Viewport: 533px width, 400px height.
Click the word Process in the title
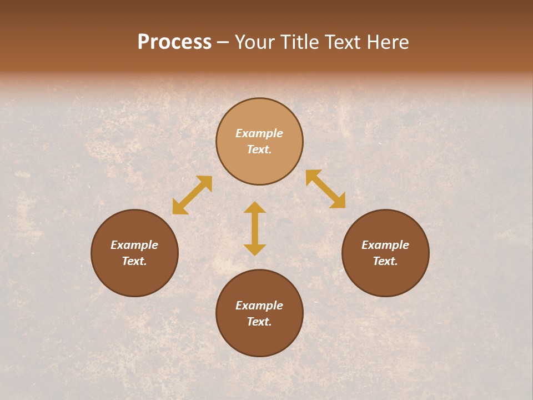click(x=174, y=42)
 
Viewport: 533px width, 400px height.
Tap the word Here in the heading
click(x=387, y=42)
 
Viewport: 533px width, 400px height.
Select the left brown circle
click(x=134, y=278)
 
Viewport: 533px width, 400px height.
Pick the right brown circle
click(x=385, y=278)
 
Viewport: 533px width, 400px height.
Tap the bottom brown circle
click(x=259, y=339)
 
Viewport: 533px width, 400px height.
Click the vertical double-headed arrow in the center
click(x=255, y=228)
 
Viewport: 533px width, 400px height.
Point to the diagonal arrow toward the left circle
click(x=192, y=195)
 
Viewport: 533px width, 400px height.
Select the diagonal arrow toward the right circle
click(x=326, y=189)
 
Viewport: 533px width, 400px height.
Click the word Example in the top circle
click(x=259, y=133)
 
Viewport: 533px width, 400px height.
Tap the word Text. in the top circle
click(x=259, y=149)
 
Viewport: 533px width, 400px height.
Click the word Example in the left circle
click(x=134, y=245)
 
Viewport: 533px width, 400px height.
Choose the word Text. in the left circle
click(x=134, y=261)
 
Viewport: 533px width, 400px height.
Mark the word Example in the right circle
click(x=385, y=245)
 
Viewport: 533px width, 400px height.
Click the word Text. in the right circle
click(x=385, y=261)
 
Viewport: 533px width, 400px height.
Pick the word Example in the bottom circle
click(x=259, y=306)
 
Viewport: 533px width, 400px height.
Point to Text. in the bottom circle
click(x=259, y=322)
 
